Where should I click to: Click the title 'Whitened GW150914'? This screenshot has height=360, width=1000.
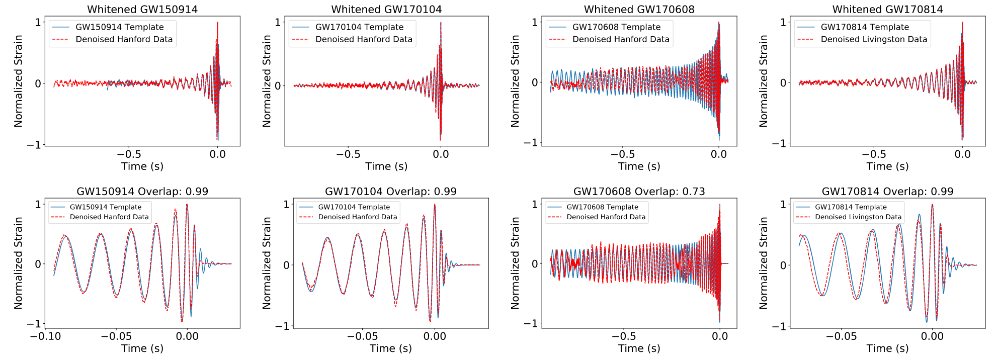click(x=142, y=9)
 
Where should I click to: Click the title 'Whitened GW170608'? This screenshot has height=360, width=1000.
click(x=639, y=9)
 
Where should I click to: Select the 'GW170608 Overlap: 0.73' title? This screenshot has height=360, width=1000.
click(x=639, y=192)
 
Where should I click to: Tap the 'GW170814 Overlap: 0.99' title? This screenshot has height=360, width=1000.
click(x=887, y=192)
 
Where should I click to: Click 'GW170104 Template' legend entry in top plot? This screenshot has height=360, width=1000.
click(x=359, y=27)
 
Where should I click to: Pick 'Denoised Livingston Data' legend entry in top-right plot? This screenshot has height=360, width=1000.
click(x=874, y=39)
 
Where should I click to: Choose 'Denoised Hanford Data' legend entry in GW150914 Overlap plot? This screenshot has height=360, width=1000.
click(x=109, y=217)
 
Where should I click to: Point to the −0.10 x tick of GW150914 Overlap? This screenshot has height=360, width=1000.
click(x=45, y=336)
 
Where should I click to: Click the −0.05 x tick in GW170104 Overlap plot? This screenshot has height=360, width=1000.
click(x=362, y=336)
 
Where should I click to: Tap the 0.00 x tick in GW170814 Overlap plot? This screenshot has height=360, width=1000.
click(x=932, y=336)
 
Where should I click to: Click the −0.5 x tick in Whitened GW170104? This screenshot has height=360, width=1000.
click(x=348, y=154)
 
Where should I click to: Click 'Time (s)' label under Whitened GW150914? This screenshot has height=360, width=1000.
click(x=142, y=166)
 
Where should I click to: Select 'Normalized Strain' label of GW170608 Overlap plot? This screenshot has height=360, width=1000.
click(x=515, y=263)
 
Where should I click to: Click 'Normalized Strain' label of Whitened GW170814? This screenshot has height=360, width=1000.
click(x=763, y=81)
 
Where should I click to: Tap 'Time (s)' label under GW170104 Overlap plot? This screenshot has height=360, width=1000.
click(x=390, y=348)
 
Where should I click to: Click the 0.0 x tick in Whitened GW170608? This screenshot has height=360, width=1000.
click(x=719, y=154)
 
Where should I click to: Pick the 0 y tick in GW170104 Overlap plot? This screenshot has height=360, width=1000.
click(x=286, y=265)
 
